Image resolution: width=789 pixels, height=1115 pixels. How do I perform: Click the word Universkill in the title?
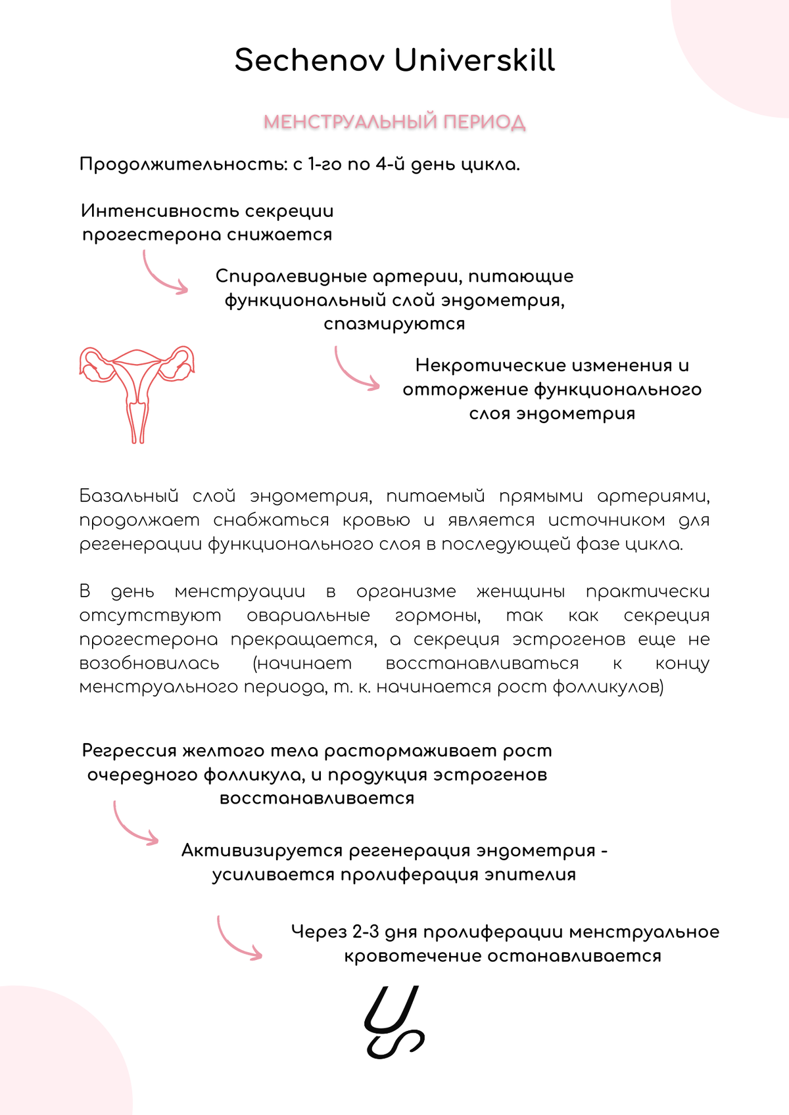[x=475, y=60]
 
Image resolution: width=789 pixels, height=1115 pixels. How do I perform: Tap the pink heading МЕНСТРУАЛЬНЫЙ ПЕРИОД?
[x=394, y=122]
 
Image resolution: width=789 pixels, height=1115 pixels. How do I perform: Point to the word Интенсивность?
[x=159, y=211]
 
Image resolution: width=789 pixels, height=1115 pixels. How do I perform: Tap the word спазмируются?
[x=394, y=324]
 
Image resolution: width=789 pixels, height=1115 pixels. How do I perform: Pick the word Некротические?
[x=489, y=365]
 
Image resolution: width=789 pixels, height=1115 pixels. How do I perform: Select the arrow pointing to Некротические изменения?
[x=355, y=370]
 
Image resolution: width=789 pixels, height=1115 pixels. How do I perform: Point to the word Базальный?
[x=129, y=496]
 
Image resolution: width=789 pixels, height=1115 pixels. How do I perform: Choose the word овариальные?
[x=308, y=616]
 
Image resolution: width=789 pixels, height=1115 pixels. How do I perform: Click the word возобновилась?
[x=149, y=664]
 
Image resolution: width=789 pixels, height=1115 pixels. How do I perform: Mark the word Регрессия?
[x=130, y=751]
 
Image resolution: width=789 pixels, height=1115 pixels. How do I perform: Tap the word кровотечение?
[x=412, y=956]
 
